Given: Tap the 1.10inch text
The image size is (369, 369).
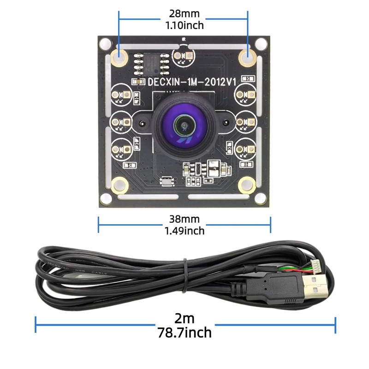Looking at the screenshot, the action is [184, 25].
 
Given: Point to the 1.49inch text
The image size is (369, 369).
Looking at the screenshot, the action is [184, 230].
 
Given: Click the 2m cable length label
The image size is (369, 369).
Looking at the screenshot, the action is [184, 318].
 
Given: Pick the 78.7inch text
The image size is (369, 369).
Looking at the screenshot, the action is [184, 332].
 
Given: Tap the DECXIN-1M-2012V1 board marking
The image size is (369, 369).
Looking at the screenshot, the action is [192, 81].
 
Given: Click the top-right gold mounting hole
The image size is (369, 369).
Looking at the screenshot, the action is [248, 57].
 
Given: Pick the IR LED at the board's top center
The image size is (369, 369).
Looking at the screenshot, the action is [183, 57].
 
